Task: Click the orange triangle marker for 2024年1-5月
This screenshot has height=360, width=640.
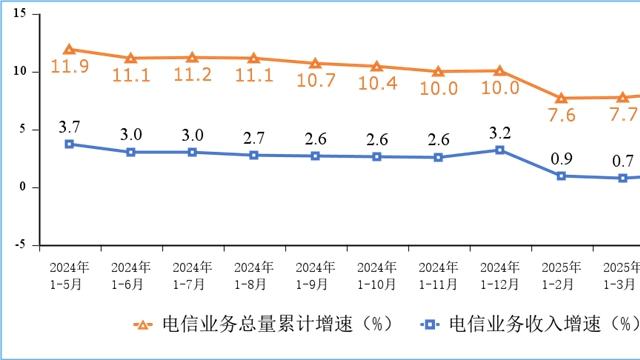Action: (x=69, y=49)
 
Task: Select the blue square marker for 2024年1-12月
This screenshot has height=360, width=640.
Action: (x=500, y=150)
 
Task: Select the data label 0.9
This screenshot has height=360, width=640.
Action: (x=562, y=156)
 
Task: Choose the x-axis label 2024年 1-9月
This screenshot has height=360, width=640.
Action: (x=316, y=276)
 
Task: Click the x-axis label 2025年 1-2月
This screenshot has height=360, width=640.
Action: (x=562, y=276)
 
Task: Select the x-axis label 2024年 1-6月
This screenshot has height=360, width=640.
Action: (x=131, y=276)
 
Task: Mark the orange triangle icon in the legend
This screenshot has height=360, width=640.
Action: (x=145, y=325)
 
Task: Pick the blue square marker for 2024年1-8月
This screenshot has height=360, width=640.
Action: (x=254, y=155)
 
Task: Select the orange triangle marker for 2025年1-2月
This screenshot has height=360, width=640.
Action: (x=562, y=98)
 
